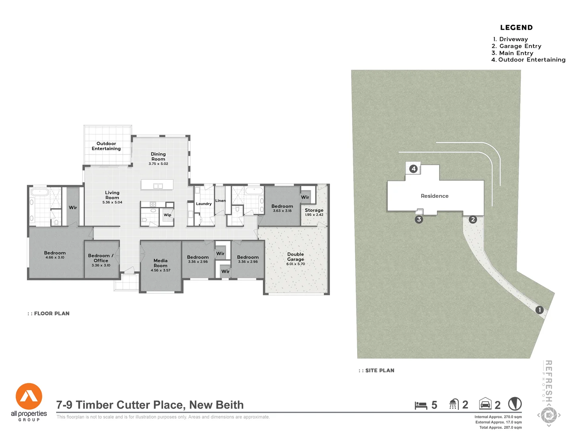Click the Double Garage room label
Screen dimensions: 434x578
pyautogui.click(x=295, y=257)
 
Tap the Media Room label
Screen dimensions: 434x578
pyautogui.click(x=161, y=263)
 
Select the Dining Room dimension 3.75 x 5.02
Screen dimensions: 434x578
pyautogui.click(x=159, y=164)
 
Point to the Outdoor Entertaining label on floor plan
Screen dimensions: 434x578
pyautogui.click(x=106, y=146)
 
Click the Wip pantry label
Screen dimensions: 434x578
pyautogui.click(x=167, y=215)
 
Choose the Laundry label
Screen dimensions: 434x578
pyautogui.click(x=204, y=204)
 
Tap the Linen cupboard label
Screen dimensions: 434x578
pyautogui.click(x=220, y=201)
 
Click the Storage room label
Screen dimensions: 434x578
pyautogui.click(x=314, y=210)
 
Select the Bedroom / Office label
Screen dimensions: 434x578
pyautogui.click(x=101, y=258)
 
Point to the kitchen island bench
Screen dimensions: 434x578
pyautogui.click(x=157, y=185)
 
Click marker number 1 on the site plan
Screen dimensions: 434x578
pyautogui.click(x=539, y=310)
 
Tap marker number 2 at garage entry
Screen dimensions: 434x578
pyautogui.click(x=473, y=219)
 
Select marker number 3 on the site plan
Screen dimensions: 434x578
pyautogui.click(x=419, y=219)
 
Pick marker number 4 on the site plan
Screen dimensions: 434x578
pyautogui.click(x=413, y=169)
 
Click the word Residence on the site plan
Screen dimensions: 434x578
pyautogui.click(x=435, y=196)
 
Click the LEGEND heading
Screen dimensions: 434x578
pyautogui.click(x=516, y=28)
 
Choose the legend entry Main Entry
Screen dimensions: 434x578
pyautogui.click(x=516, y=53)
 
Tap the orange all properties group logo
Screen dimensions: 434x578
pyautogui.click(x=29, y=397)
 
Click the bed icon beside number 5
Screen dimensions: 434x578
pyautogui.click(x=421, y=405)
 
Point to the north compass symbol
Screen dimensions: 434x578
pyautogui.click(x=515, y=404)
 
